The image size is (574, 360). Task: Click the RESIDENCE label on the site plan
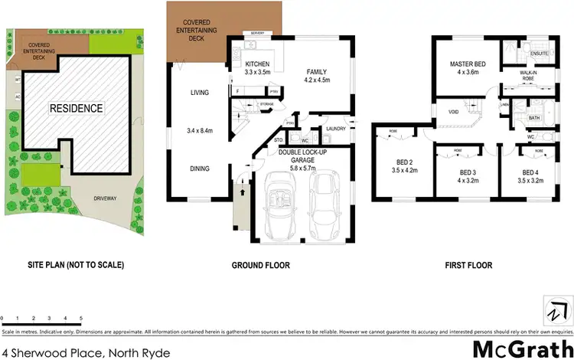[76, 108]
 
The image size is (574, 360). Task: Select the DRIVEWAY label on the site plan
[106, 198]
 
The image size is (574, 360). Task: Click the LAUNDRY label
[336, 129]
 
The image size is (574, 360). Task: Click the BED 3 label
[468, 173]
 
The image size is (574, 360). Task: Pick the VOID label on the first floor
[453, 112]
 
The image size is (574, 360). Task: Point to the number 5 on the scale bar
[81, 317]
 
